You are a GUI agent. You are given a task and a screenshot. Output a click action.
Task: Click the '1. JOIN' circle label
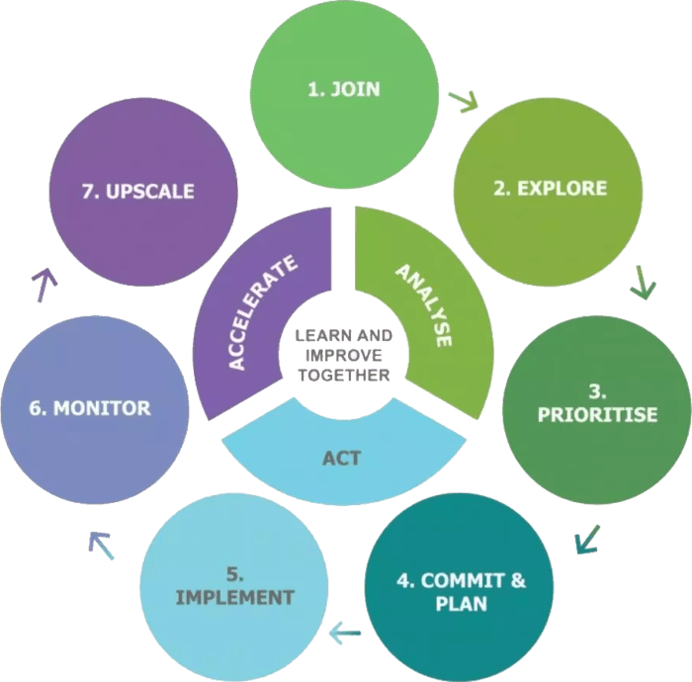343,90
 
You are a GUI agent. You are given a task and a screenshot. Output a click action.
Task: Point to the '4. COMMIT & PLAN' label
461,590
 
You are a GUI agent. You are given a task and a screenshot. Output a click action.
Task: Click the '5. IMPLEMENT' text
234,585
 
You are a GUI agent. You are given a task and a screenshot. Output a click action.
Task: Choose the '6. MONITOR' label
90,407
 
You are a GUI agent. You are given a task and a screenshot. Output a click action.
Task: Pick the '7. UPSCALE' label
137,191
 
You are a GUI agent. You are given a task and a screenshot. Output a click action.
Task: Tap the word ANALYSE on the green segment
424,303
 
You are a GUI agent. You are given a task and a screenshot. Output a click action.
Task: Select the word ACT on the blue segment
340,459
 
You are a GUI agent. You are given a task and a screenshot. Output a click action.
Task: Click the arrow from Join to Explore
462,101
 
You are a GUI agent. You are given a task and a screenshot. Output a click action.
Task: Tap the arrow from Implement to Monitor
100,543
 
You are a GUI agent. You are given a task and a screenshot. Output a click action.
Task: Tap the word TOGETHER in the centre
342,376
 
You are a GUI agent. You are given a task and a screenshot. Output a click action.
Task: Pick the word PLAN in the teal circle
461,602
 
